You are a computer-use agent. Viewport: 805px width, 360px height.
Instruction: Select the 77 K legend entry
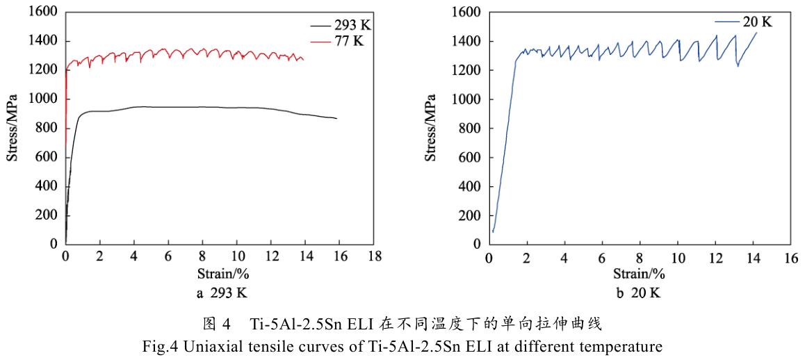[348, 41]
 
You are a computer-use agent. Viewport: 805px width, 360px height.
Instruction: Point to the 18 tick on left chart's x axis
[374, 256]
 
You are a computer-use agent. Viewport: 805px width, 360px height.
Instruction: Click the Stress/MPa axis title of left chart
[13, 129]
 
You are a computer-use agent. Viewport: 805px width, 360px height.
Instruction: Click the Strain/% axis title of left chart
[220, 273]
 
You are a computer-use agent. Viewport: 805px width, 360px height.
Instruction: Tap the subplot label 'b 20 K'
[637, 293]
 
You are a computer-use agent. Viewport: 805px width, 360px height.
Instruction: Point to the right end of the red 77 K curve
[303, 59]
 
